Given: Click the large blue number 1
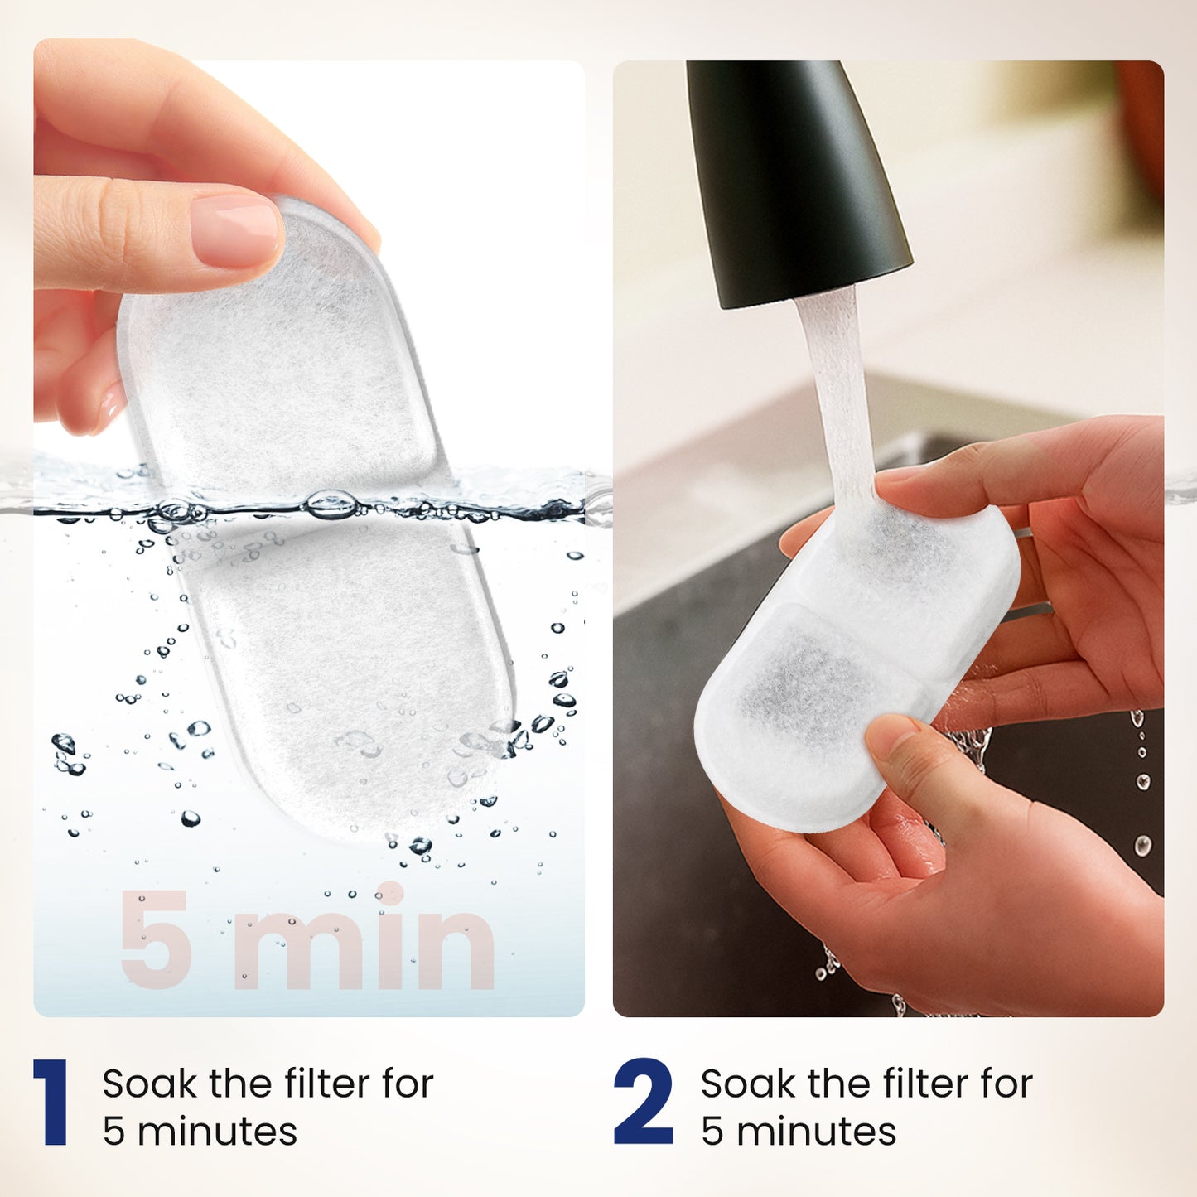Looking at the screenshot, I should point(51,1102).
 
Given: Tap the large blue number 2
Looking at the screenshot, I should point(643,1102).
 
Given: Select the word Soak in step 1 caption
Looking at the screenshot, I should point(149,1084).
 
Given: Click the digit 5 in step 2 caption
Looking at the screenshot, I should point(712,1132).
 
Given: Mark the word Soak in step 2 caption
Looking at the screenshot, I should point(748,1084).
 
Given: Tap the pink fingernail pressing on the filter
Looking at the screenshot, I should point(236,230).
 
